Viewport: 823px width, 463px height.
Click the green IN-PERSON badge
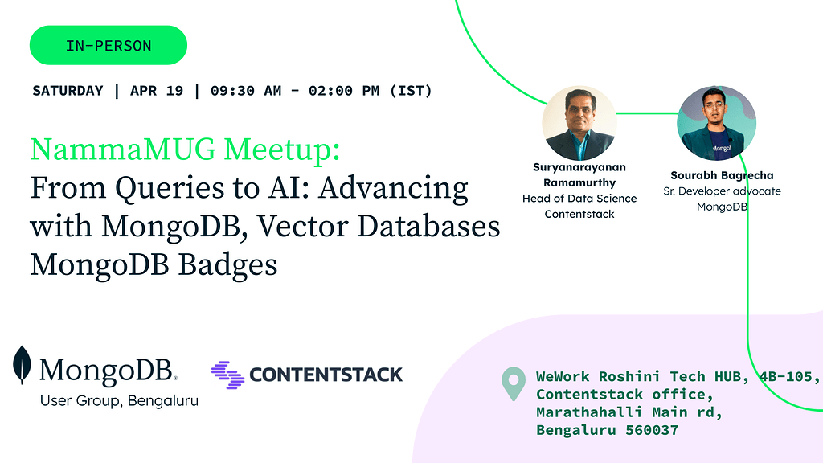tap(109, 46)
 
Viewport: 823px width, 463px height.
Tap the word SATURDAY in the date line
tap(68, 91)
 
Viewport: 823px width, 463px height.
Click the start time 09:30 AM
tap(246, 91)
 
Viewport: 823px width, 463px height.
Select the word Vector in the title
tap(309, 227)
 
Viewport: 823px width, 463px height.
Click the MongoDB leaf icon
tap(23, 366)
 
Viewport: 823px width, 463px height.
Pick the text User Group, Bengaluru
tap(119, 400)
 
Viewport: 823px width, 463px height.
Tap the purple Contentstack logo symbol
tap(226, 375)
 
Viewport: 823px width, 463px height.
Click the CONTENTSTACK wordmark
tap(326, 375)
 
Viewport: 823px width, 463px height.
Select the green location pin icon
tap(513, 384)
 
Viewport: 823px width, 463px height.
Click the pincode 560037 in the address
tap(650, 430)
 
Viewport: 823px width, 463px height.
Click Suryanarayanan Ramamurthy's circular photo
tap(579, 123)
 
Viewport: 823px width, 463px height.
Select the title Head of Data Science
tap(579, 199)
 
